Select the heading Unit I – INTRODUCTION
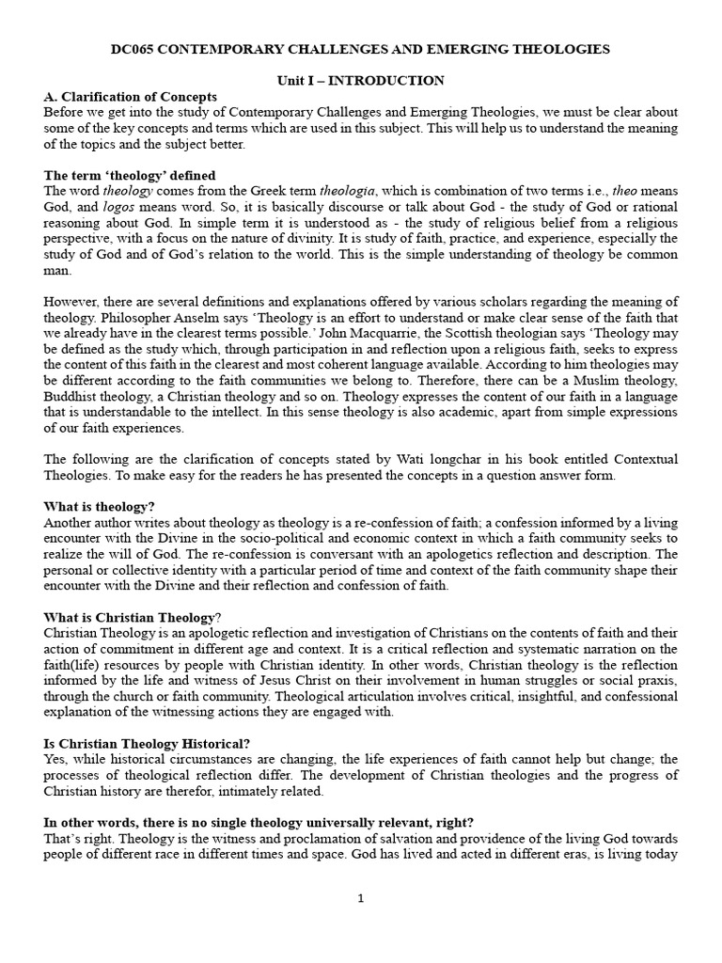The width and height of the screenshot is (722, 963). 361,81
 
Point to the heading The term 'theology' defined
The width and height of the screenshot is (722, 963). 130,176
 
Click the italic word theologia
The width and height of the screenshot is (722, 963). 349,191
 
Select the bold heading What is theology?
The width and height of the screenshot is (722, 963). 100,507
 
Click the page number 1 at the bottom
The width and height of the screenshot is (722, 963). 361,898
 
